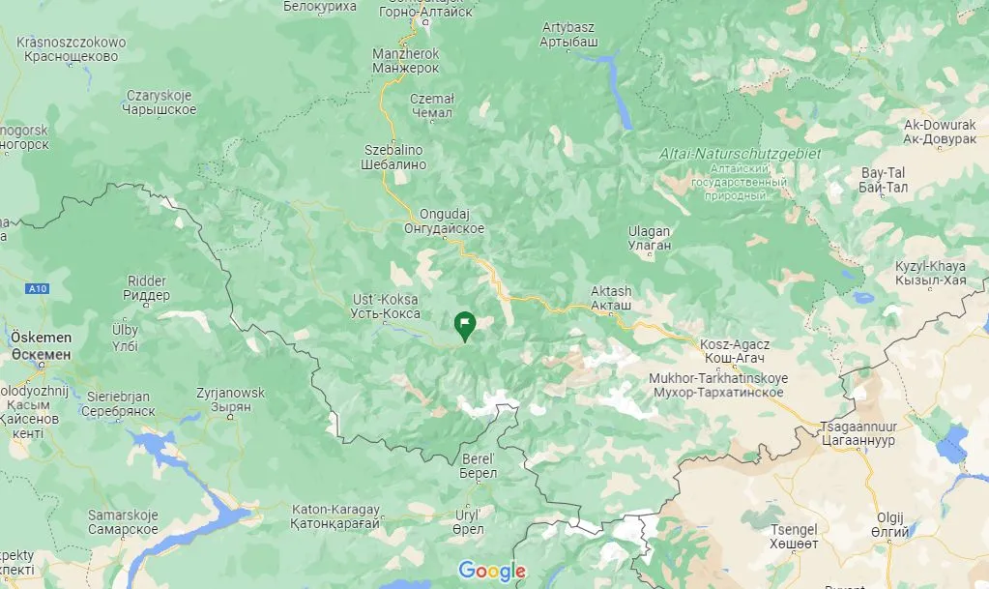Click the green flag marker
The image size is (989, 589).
point(465,326)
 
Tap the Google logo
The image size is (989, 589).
point(492,571)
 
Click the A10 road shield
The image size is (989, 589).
point(38,288)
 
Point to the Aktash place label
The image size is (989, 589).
point(611,298)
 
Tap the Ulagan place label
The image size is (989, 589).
point(649,239)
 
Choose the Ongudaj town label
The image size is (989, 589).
point(444,221)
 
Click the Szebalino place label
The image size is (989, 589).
point(394,158)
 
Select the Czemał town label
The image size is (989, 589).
point(431,105)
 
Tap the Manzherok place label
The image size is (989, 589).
point(405,61)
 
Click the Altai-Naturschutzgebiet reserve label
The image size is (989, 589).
point(739,154)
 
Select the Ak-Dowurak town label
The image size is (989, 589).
point(939,132)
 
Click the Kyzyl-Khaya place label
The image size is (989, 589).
point(930,273)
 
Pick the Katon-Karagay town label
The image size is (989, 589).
point(336,515)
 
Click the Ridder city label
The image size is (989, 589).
point(147,287)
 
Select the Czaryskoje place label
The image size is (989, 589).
point(161,103)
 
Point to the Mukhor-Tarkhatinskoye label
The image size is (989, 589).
point(718,384)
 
